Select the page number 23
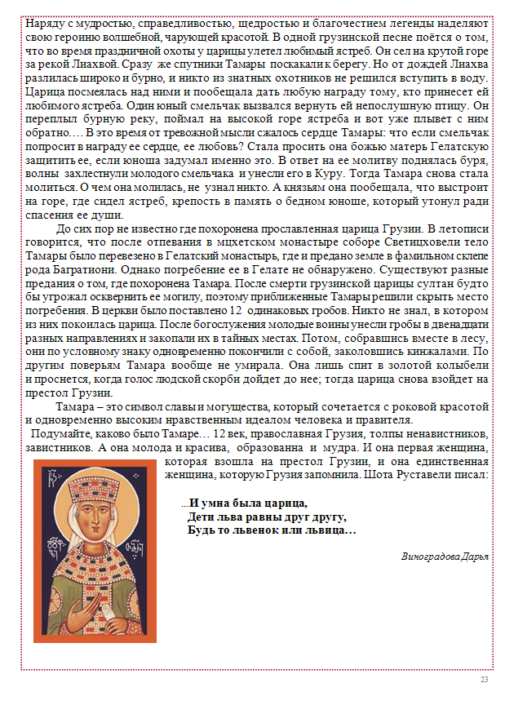click(484, 681)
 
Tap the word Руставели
click(432, 473)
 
